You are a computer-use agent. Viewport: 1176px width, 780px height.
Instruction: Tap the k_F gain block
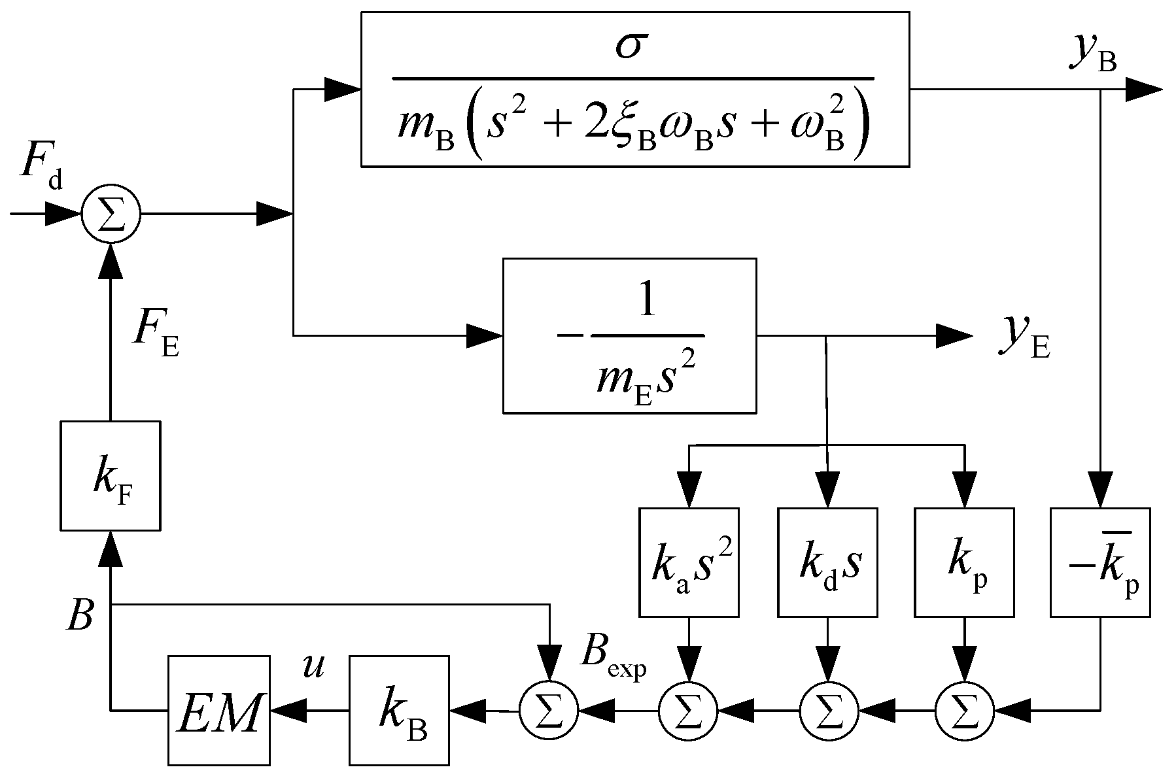point(110,475)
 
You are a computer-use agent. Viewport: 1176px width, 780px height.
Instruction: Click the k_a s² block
point(689,562)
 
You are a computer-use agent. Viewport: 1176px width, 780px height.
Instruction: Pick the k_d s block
point(827,562)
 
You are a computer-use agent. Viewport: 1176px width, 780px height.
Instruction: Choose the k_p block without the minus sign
point(964,562)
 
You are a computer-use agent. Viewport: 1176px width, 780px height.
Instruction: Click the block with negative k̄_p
point(1100,562)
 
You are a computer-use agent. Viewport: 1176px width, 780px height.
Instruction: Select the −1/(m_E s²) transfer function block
point(629,335)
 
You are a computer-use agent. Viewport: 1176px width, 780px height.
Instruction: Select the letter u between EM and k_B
point(313,666)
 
